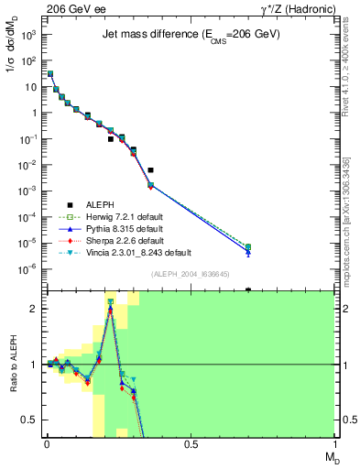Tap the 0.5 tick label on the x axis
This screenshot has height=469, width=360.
(191, 443)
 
